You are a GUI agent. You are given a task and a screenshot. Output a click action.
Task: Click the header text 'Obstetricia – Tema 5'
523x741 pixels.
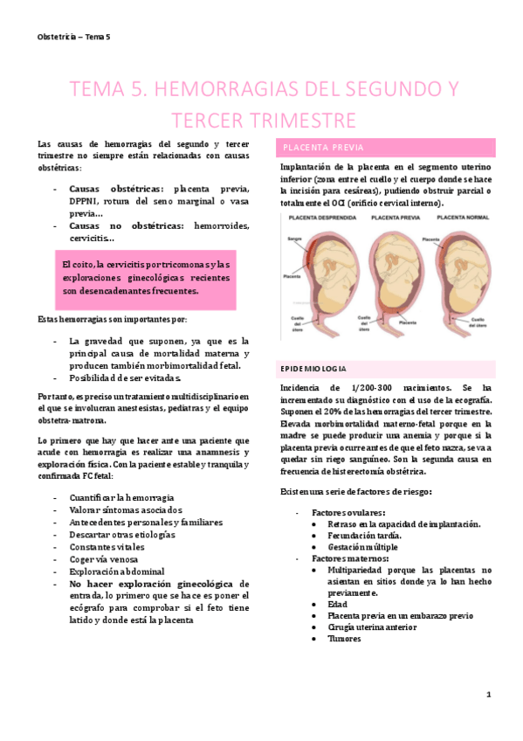(74, 36)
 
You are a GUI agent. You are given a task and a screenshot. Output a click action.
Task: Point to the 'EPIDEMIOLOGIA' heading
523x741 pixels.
(313, 368)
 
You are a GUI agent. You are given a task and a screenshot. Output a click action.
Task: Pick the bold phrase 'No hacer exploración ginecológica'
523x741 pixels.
(151, 583)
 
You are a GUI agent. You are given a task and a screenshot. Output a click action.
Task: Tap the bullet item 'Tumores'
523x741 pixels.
(344, 638)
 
